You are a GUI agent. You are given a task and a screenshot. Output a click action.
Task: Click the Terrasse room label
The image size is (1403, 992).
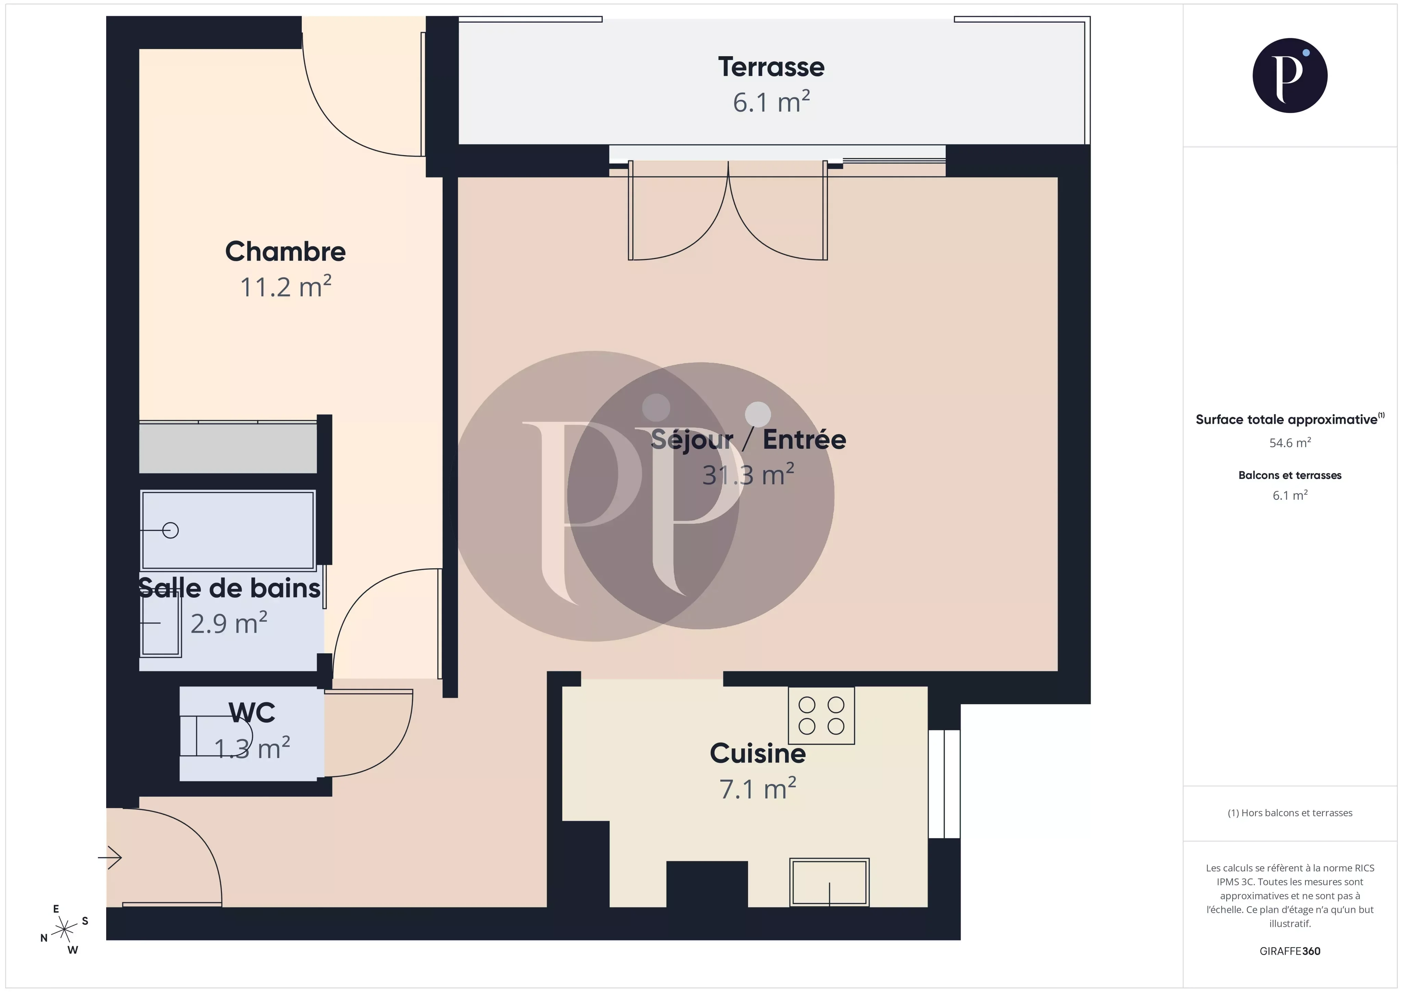[771, 67]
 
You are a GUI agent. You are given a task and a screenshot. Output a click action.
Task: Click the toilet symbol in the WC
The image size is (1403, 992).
[220, 736]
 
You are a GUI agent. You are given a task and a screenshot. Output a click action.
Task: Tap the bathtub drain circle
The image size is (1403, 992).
[171, 531]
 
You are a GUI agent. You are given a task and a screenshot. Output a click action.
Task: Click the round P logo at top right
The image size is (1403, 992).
[1289, 76]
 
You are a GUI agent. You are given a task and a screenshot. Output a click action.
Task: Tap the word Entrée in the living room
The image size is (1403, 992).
[804, 439]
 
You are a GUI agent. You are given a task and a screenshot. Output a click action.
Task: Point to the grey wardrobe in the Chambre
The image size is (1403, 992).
[227, 448]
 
